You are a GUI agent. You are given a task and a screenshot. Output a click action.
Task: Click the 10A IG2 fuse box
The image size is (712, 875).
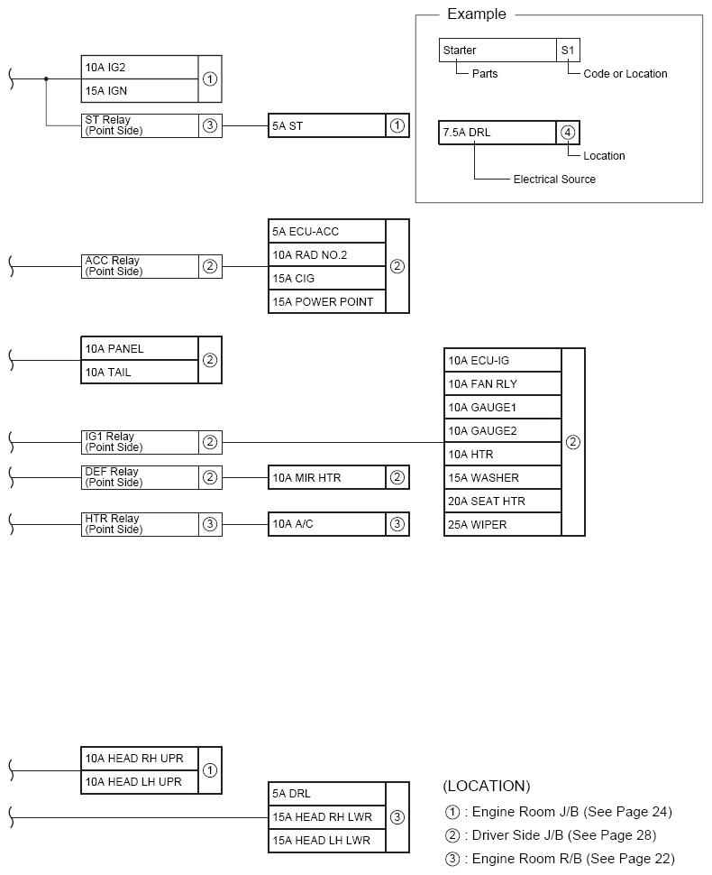pos(140,67)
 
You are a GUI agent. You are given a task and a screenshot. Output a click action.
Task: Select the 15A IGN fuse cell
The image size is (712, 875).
pos(140,90)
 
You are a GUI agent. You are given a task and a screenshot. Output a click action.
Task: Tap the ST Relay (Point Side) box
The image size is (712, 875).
pos(140,125)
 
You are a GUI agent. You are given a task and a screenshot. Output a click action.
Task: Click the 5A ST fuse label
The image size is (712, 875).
pos(326,125)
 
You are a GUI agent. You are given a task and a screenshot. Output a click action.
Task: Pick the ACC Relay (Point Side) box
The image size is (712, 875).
pos(140,266)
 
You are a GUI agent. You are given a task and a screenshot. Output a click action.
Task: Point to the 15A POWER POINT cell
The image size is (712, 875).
pos(326,301)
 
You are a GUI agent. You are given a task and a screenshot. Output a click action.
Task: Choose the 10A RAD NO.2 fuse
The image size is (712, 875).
pos(326,254)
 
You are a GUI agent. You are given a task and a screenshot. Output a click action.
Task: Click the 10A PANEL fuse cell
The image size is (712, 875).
pos(140,348)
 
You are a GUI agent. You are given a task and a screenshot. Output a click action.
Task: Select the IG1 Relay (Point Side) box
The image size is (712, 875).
pos(140,442)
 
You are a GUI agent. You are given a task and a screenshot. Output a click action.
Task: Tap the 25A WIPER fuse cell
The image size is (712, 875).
pos(502,524)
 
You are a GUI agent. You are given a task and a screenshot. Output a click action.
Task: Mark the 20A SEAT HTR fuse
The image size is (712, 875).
pos(502,501)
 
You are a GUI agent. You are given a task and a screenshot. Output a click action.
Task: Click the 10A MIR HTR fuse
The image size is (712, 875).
pos(326,477)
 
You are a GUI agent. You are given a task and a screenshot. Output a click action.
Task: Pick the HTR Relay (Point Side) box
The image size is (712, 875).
pos(140,524)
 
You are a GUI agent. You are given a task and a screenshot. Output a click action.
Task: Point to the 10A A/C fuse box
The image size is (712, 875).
pos(326,524)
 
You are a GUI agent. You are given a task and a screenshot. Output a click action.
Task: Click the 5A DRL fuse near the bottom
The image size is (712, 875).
pos(326,794)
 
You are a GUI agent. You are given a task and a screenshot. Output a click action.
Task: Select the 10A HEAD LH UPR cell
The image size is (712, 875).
pos(140,782)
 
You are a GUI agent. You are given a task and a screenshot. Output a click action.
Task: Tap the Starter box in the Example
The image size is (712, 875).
pos(497,51)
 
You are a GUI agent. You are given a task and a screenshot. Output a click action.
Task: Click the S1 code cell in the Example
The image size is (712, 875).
pos(568,51)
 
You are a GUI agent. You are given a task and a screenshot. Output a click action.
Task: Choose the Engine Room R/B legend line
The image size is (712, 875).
pos(560,859)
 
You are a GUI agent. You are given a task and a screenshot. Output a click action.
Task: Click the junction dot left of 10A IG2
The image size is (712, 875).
pos(47,78)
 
